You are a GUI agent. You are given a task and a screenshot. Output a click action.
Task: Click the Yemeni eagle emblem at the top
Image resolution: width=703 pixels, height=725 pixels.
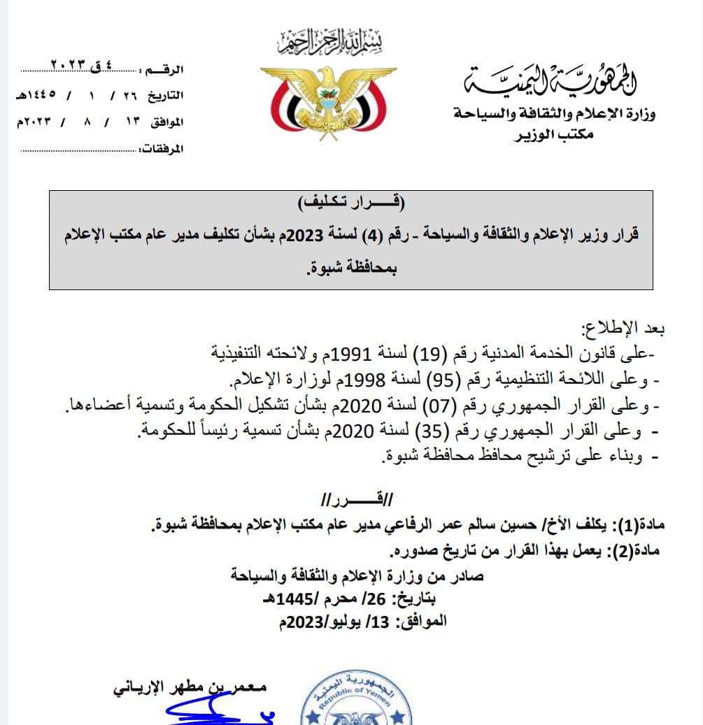[328, 102]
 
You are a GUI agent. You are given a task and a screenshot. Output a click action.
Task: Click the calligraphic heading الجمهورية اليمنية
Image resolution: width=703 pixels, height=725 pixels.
[552, 81]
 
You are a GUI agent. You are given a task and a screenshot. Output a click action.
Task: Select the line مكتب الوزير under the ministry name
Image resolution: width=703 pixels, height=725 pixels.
[553, 134]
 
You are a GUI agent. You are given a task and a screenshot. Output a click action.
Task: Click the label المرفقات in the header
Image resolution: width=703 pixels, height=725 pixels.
[162, 150]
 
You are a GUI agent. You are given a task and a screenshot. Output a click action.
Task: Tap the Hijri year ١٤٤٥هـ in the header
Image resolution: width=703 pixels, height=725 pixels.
[36, 95]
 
